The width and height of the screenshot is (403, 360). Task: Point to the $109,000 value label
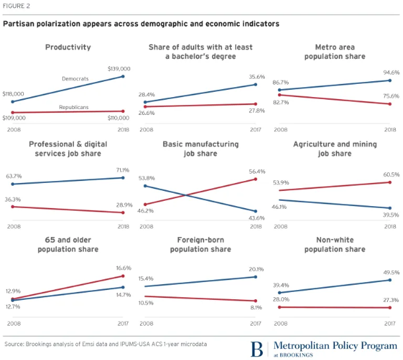14,118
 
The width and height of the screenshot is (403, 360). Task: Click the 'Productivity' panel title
68,47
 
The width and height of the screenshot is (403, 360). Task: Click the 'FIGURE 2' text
17,7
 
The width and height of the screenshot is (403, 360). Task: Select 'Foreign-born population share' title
201,244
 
